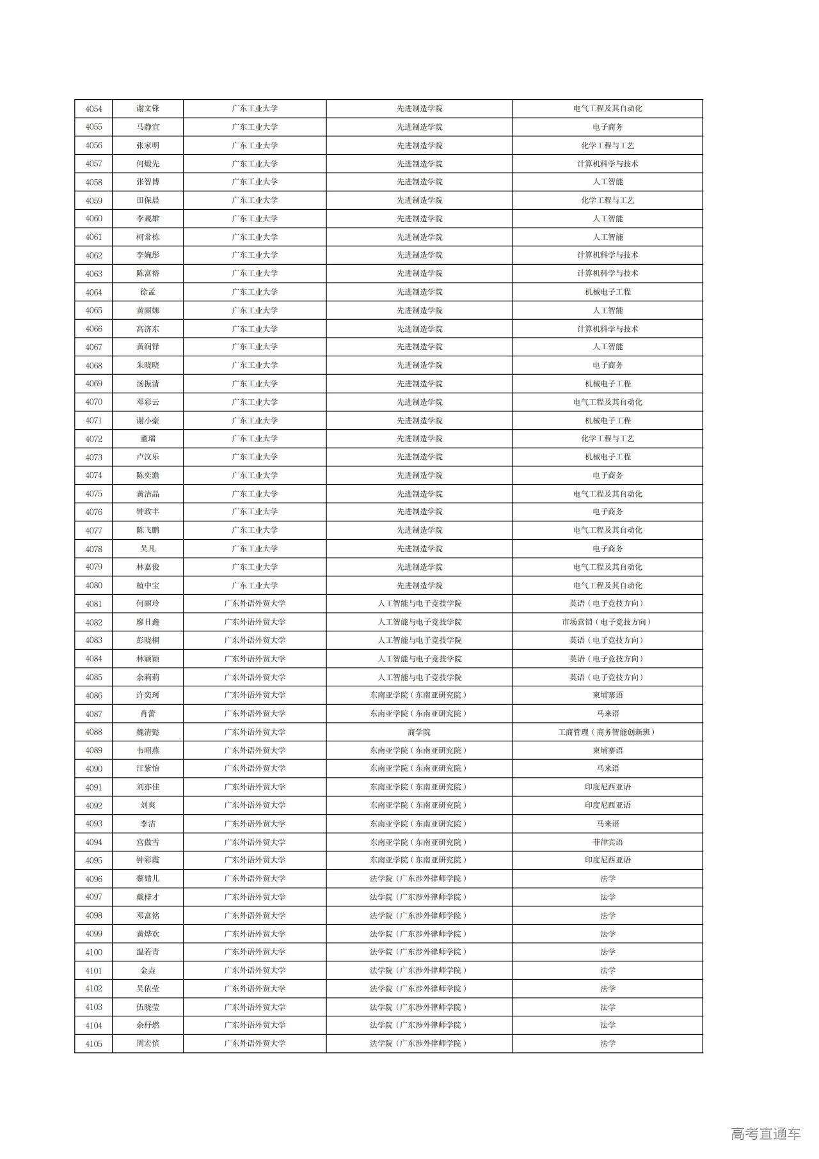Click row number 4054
click(x=93, y=109)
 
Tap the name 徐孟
click(x=148, y=292)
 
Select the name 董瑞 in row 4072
click(x=148, y=439)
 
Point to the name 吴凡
click(x=148, y=549)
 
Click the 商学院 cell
click(x=419, y=732)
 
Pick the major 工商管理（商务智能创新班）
click(x=607, y=732)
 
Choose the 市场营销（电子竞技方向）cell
click(x=607, y=622)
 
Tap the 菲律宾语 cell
click(x=607, y=842)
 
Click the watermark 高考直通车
click(x=765, y=1134)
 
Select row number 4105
click(x=93, y=1044)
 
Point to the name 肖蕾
click(x=148, y=714)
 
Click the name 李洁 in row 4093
click(x=148, y=824)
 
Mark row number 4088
click(x=93, y=732)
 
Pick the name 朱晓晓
click(x=148, y=365)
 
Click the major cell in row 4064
click(x=607, y=292)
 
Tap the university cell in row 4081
click(x=255, y=604)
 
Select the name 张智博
click(x=148, y=182)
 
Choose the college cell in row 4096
click(x=419, y=879)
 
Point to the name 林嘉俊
click(x=148, y=567)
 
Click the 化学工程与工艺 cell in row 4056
click(x=607, y=146)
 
